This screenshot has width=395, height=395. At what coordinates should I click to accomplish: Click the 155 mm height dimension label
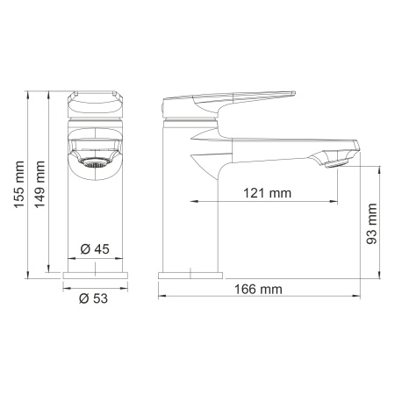coord(19,184)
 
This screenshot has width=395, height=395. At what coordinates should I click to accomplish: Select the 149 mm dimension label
coord(39,184)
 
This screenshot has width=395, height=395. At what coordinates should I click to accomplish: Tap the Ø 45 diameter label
coord(95,249)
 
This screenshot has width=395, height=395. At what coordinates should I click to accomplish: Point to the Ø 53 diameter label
coord(93,298)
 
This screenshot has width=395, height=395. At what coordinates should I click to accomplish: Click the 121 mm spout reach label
coord(268,193)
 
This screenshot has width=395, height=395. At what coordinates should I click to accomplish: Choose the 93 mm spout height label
coord(372,224)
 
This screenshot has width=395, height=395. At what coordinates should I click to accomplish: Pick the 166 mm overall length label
coord(258,290)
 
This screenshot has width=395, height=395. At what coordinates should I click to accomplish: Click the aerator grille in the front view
coord(95,162)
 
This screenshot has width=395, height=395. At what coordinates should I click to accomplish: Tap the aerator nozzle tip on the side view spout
coord(337,163)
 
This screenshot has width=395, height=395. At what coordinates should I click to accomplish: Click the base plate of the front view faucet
coord(96,276)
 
